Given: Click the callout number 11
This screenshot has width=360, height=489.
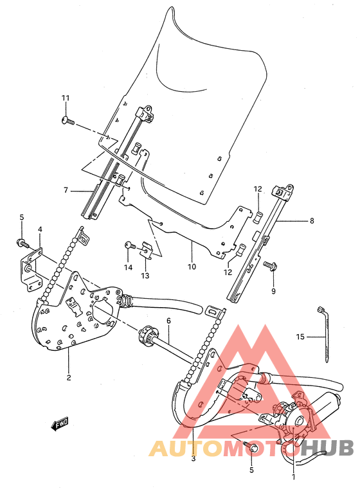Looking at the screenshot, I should point(65,98).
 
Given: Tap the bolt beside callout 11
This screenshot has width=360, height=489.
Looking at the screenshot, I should point(67,120).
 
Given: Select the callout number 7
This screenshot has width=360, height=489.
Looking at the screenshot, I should point(65,190).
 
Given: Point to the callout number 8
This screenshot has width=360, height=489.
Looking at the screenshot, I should point(312,221).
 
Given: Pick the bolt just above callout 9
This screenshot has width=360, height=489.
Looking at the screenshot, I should point(269,264).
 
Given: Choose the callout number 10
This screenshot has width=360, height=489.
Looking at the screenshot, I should point(191,266).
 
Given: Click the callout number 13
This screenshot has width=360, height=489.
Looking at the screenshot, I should point(145,276).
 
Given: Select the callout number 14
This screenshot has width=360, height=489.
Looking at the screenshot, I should point(128,267).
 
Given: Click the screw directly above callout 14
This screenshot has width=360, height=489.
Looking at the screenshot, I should point(129,244).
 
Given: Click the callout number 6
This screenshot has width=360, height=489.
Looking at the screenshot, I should point(168,320).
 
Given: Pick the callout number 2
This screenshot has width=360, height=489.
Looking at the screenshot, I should point(68,377).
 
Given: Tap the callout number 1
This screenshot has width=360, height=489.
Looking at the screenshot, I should point(293,477).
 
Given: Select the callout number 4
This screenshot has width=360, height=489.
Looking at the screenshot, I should point(39,229).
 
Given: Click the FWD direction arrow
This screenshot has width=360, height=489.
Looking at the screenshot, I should point(60,423).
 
